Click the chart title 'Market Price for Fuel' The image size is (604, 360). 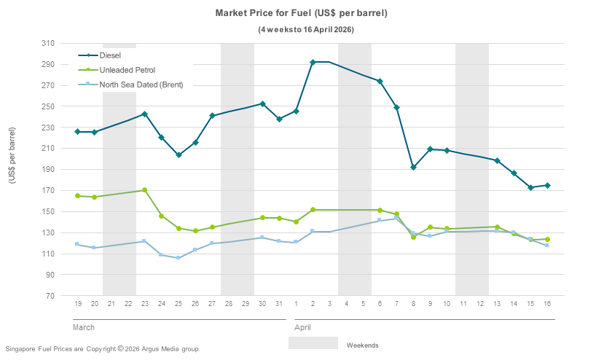[301, 13]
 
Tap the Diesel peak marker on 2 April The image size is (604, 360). [313, 62]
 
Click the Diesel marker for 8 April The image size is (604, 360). [413, 168]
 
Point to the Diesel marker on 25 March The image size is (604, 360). [179, 154]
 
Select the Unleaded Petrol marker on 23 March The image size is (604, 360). [145, 190]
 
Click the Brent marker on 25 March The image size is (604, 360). [179, 258]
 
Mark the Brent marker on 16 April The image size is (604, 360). [547, 245]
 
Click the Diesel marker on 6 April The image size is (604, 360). [380, 81]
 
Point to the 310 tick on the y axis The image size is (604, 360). [47, 44]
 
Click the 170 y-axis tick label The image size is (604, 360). [47, 191]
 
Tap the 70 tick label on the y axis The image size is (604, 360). [50, 297]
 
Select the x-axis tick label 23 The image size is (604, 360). [145, 303]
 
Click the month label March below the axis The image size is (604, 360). [84, 328]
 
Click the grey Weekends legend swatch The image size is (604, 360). [313, 344]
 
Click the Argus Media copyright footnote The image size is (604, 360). [102, 349]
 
